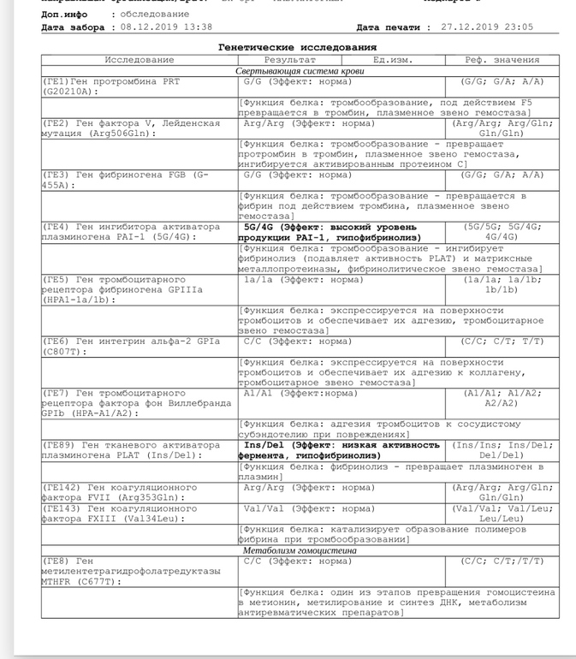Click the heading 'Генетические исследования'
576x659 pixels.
coord(297,47)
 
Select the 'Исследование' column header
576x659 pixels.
coord(140,60)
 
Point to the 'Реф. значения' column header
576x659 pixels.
coord(502,60)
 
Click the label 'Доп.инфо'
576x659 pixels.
coord(64,15)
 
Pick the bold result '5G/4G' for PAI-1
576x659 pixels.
coord(261,229)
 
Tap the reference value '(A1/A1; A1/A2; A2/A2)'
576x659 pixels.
coord(502,398)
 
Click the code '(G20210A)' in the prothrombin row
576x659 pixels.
coord(67,91)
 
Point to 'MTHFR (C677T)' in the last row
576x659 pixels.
coord(80,582)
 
